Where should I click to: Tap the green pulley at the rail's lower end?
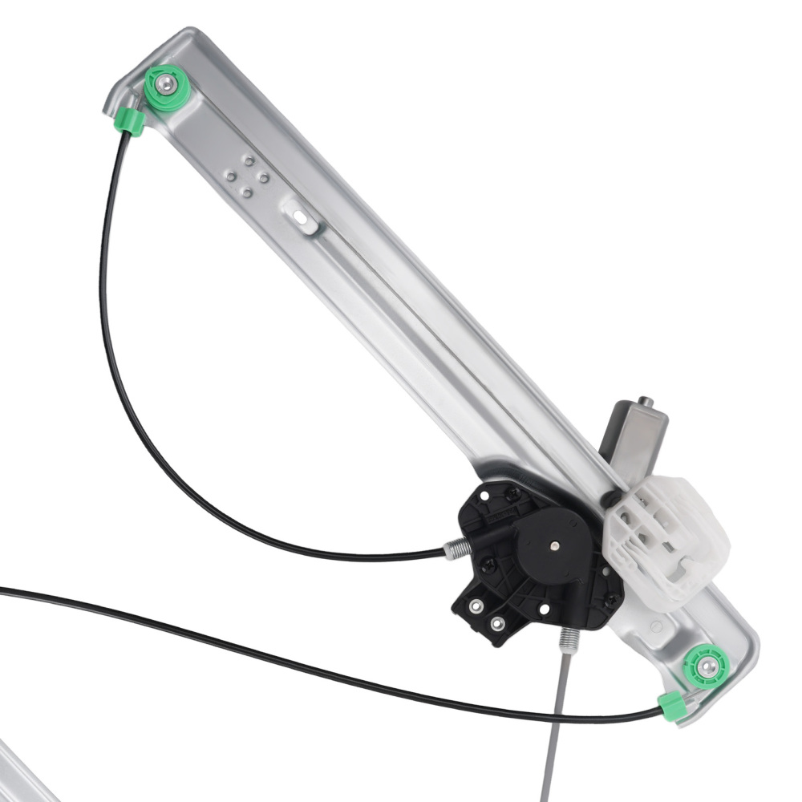[x=705, y=666]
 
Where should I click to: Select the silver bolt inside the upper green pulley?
[x=165, y=83]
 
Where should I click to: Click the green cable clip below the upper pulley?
[x=129, y=121]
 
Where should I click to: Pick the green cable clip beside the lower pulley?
[x=670, y=705]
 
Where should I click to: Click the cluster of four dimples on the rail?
[x=246, y=176]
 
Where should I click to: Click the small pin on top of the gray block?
[x=646, y=401]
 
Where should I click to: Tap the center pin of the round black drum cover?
[x=555, y=545]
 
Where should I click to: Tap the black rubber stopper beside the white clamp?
[x=611, y=498]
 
